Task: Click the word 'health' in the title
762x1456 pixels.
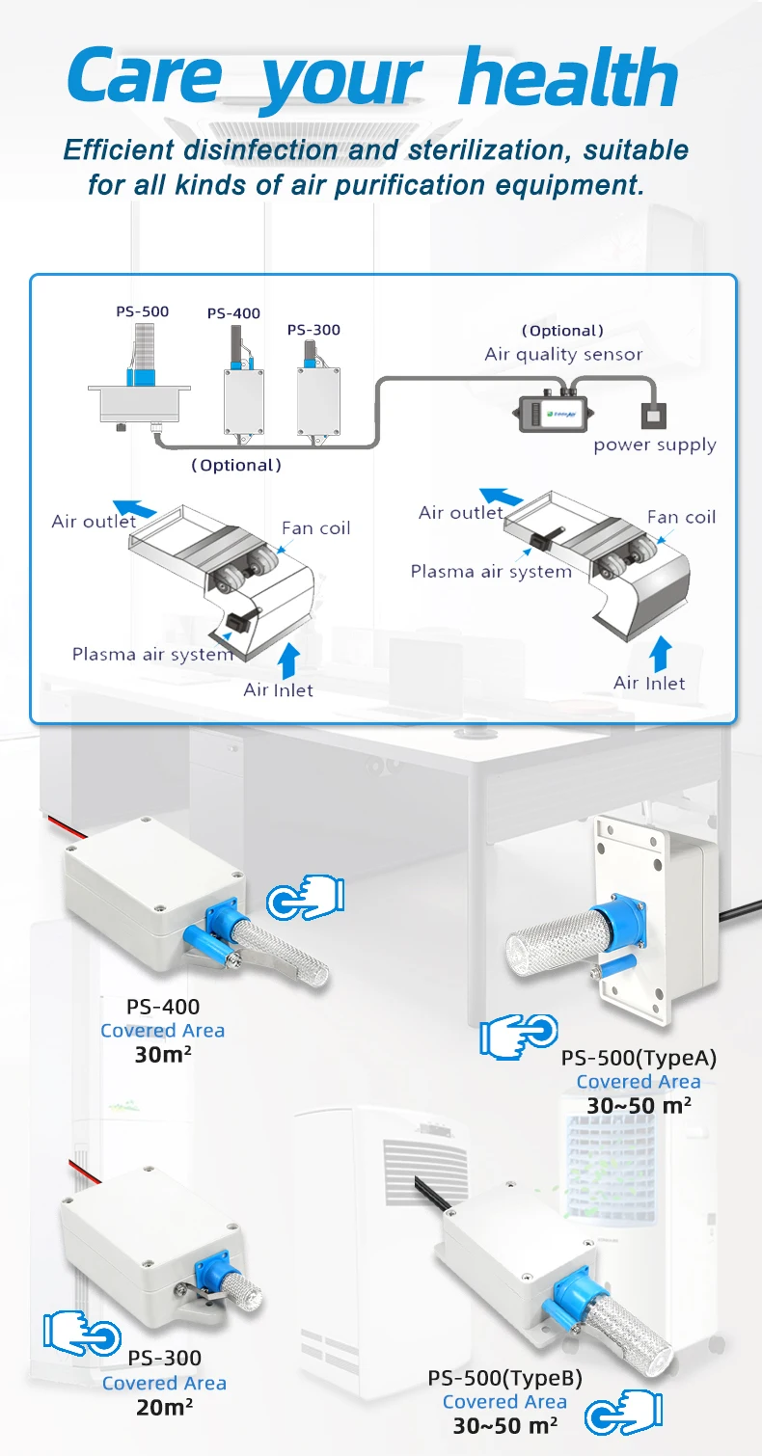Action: tap(568, 78)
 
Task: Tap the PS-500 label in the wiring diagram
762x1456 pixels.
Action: tap(142, 311)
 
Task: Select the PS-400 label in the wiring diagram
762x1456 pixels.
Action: tap(233, 313)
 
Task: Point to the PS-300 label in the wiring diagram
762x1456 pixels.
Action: tap(313, 330)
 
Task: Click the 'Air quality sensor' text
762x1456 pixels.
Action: tap(563, 354)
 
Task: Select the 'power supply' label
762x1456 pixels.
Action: tap(655, 445)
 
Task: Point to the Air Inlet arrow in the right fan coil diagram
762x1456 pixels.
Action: tap(659, 653)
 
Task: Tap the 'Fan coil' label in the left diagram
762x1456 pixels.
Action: tap(315, 527)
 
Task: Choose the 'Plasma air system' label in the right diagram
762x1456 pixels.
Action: tap(491, 571)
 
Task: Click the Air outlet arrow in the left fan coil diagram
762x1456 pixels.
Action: tap(134, 509)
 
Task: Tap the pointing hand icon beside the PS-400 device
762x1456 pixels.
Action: tap(305, 899)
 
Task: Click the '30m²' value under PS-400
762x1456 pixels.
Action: tap(162, 1055)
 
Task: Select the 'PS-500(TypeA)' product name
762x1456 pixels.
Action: tap(639, 1058)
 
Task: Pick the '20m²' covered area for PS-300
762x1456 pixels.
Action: tap(164, 1407)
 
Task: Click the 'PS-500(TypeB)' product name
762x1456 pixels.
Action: tap(504, 1378)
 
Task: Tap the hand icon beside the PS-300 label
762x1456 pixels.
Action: tap(82, 1335)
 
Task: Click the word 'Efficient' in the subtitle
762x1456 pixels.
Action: tap(118, 150)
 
